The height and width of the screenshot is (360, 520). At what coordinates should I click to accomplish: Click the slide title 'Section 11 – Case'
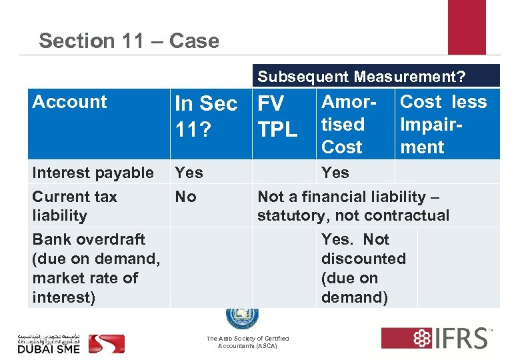tap(129, 41)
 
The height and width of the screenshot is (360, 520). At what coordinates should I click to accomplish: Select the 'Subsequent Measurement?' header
tap(361, 77)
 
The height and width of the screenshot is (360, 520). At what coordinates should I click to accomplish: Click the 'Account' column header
tap(69, 102)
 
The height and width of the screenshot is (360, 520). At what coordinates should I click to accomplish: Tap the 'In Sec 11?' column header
tap(205, 115)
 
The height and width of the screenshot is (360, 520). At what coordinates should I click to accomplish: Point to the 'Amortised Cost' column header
tap(351, 124)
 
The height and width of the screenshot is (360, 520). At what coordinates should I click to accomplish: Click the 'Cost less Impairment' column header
tap(443, 124)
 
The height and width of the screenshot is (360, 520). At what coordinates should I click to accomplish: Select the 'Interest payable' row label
tap(93, 173)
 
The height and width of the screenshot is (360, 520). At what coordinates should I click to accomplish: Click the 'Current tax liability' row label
tap(74, 206)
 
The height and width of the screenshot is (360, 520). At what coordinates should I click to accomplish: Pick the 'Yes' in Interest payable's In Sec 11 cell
tap(189, 173)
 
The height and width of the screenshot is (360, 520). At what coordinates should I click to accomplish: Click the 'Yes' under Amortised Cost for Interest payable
tap(335, 173)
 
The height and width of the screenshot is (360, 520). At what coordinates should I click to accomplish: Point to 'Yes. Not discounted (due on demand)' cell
tap(363, 268)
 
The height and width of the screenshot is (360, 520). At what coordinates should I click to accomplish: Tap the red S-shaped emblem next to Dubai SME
tap(107, 343)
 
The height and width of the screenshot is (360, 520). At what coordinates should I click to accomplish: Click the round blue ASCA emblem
tap(241, 317)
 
